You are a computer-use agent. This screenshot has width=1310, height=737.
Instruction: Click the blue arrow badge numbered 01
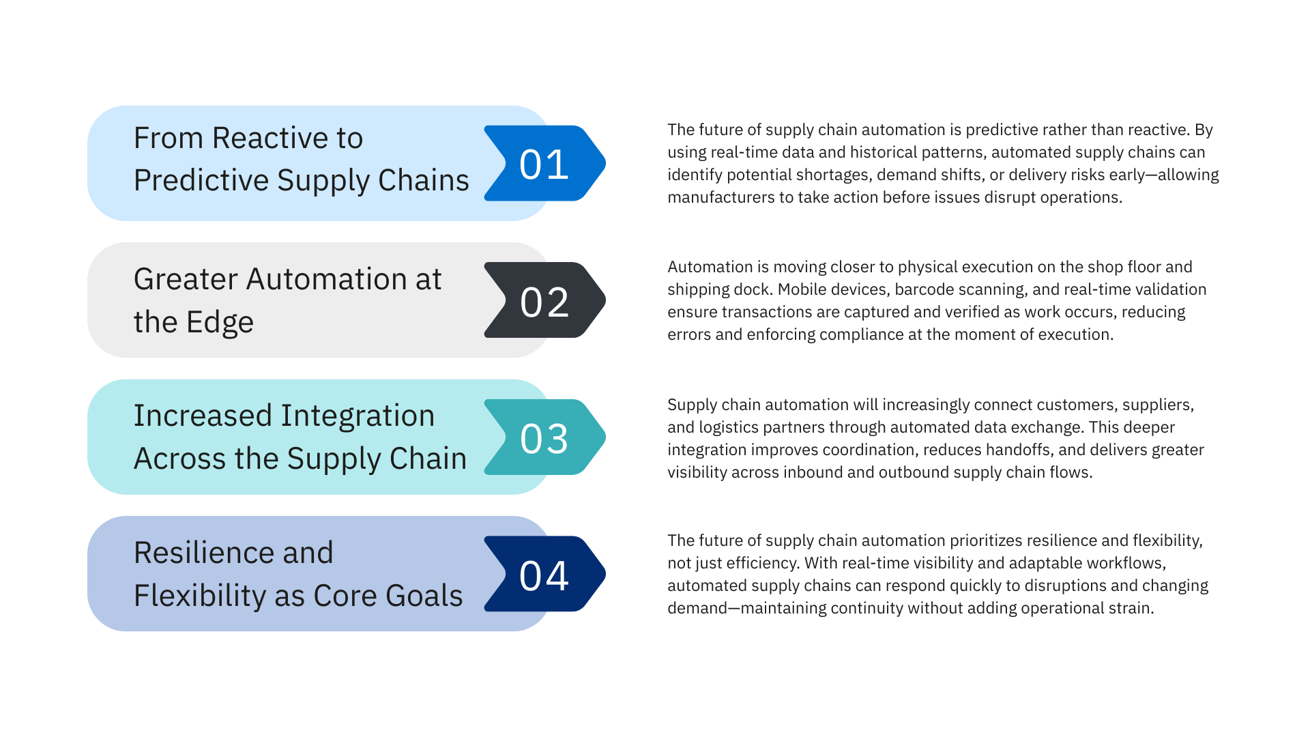coord(544,164)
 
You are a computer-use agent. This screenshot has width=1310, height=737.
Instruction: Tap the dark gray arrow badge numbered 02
coord(544,301)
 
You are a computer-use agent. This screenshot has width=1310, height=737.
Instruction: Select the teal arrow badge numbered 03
coord(544,437)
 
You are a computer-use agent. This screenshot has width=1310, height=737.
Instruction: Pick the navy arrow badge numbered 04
coord(544,575)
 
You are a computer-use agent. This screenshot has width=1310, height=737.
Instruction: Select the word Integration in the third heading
coord(358,416)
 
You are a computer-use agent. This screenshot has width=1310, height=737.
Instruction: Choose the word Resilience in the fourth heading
coord(204,553)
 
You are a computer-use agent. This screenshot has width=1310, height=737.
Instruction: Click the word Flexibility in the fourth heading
coord(200,596)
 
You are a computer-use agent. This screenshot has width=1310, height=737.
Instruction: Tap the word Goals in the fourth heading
coord(424,596)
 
